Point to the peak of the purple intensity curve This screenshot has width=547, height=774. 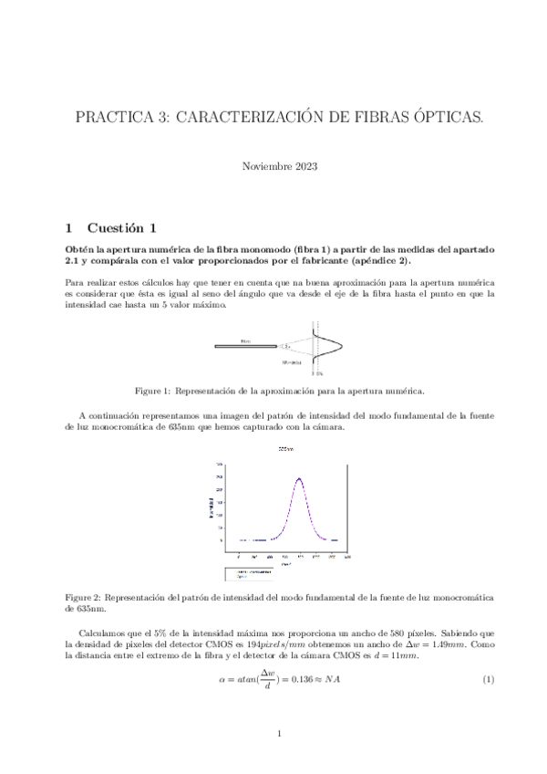click(x=299, y=478)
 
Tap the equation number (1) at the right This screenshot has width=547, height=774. click(x=487, y=681)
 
